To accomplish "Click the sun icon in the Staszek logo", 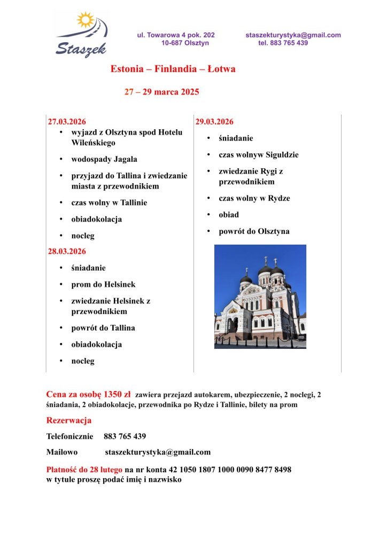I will (x=85, y=20).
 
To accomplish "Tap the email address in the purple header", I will (x=293, y=35).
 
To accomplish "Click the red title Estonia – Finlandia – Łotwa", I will (x=173, y=69).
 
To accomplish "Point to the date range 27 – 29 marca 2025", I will (x=161, y=92).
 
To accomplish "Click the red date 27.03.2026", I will (x=67, y=121).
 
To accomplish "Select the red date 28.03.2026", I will (x=67, y=251).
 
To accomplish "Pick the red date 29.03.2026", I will (x=214, y=121).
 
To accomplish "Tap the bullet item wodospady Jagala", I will (x=104, y=159).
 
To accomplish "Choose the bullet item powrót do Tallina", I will (x=103, y=327).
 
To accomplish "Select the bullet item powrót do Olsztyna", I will (x=254, y=231).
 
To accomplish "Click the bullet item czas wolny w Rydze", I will (x=254, y=198).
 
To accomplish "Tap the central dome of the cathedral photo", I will (x=265, y=270).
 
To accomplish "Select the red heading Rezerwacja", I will (x=69, y=420).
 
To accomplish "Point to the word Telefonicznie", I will (x=69, y=436).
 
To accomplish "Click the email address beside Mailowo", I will (x=158, y=452).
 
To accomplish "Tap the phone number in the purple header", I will (x=283, y=43).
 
